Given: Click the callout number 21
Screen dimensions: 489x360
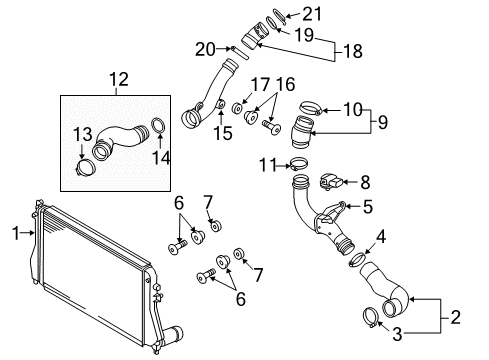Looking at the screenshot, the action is pyautogui.click(x=312, y=14).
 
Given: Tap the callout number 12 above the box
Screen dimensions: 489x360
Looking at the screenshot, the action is pyautogui.click(x=119, y=80).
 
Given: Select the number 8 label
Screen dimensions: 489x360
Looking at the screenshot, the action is pyautogui.click(x=365, y=183).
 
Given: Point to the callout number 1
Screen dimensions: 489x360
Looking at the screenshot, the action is pyautogui.click(x=16, y=233).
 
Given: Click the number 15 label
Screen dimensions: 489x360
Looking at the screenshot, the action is pyautogui.click(x=223, y=133).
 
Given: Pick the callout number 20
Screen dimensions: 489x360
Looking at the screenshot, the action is pyautogui.click(x=205, y=49).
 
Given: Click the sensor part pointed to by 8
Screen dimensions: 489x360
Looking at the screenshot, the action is pyautogui.click(x=331, y=182).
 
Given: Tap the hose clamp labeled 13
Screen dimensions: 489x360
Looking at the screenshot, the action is pyautogui.click(x=85, y=168).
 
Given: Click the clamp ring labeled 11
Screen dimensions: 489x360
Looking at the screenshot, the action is pyautogui.click(x=298, y=163).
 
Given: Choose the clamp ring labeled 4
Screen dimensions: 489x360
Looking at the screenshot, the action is pyautogui.click(x=357, y=259).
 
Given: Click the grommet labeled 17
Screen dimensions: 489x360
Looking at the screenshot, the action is pyautogui.click(x=238, y=108).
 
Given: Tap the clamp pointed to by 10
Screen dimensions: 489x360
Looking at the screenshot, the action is pyautogui.click(x=310, y=108).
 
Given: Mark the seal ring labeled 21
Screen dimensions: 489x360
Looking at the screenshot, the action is pyautogui.click(x=279, y=16).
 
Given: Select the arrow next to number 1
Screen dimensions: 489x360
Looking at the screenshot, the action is pyautogui.click(x=27, y=233).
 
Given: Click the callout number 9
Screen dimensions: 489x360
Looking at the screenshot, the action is pyautogui.click(x=383, y=122).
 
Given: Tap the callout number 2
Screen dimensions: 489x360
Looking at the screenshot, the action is pyautogui.click(x=455, y=317).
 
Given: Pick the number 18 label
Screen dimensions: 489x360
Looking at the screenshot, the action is pyautogui.click(x=353, y=51).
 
